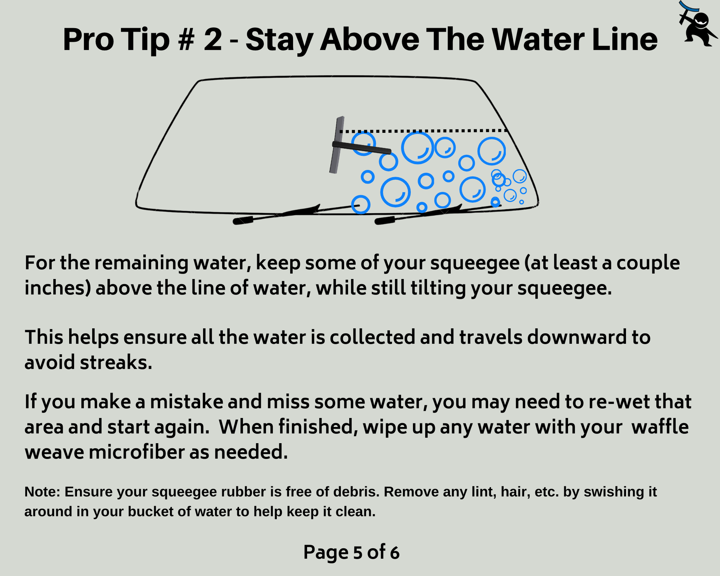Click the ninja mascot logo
coord(697,24)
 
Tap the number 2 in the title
coord(213,40)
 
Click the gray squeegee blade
coord(337,145)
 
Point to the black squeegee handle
coord(361,148)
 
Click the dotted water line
coord(423,131)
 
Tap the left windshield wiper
coord(296,214)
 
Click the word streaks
coord(116,362)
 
